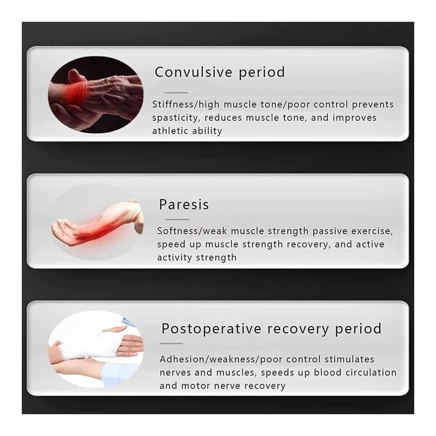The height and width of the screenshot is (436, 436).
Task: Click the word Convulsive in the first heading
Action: (193, 72)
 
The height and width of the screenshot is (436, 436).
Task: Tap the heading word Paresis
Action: (184, 204)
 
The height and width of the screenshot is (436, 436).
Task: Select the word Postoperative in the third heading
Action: (211, 329)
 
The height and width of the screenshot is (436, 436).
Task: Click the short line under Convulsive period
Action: (176, 92)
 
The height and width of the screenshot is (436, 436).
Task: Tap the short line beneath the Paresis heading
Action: (177, 219)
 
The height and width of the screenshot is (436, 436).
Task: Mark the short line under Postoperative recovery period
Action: (171, 344)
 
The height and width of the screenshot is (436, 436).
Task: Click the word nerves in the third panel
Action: (175, 373)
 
